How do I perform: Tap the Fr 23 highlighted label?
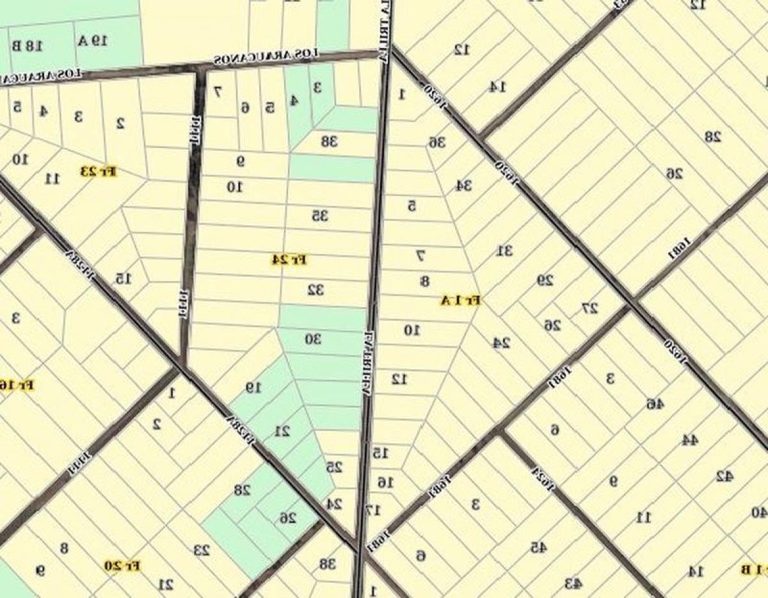99,171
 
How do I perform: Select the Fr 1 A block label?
460,300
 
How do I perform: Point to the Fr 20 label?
122,566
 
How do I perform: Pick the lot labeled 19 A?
94,42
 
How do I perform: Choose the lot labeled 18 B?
26,46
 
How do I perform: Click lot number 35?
320,216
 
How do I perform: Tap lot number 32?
316,289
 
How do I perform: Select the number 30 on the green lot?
312,339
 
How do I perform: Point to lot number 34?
463,186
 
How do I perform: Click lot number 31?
505,250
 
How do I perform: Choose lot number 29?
545,280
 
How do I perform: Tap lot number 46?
655,403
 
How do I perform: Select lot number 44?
690,439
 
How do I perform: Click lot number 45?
538,546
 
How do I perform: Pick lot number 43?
573,583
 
